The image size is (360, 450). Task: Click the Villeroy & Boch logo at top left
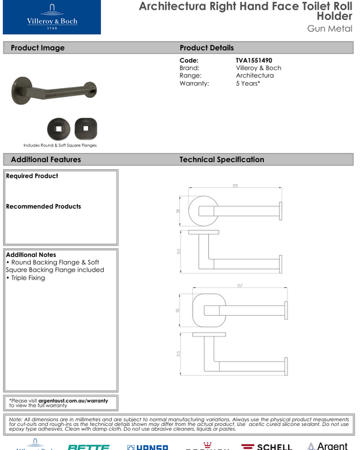coord(52,17)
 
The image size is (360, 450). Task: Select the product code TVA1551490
coord(254,61)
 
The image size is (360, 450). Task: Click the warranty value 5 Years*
coord(248,83)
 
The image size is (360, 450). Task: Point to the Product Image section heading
coord(37,48)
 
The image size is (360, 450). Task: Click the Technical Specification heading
coord(221,160)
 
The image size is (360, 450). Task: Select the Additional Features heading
coord(46,160)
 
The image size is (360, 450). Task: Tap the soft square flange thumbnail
coord(86,128)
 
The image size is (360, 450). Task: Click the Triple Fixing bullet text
coord(27,278)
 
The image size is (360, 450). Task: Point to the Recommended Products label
coord(43,206)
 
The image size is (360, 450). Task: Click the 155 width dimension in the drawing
coord(235,186)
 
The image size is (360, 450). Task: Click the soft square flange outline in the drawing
coord(209,311)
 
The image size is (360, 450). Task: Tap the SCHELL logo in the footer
coord(266,446)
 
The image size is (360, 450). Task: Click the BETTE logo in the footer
coord(88,446)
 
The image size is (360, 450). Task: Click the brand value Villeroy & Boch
coord(258,68)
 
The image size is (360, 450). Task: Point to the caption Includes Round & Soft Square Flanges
coord(60,145)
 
